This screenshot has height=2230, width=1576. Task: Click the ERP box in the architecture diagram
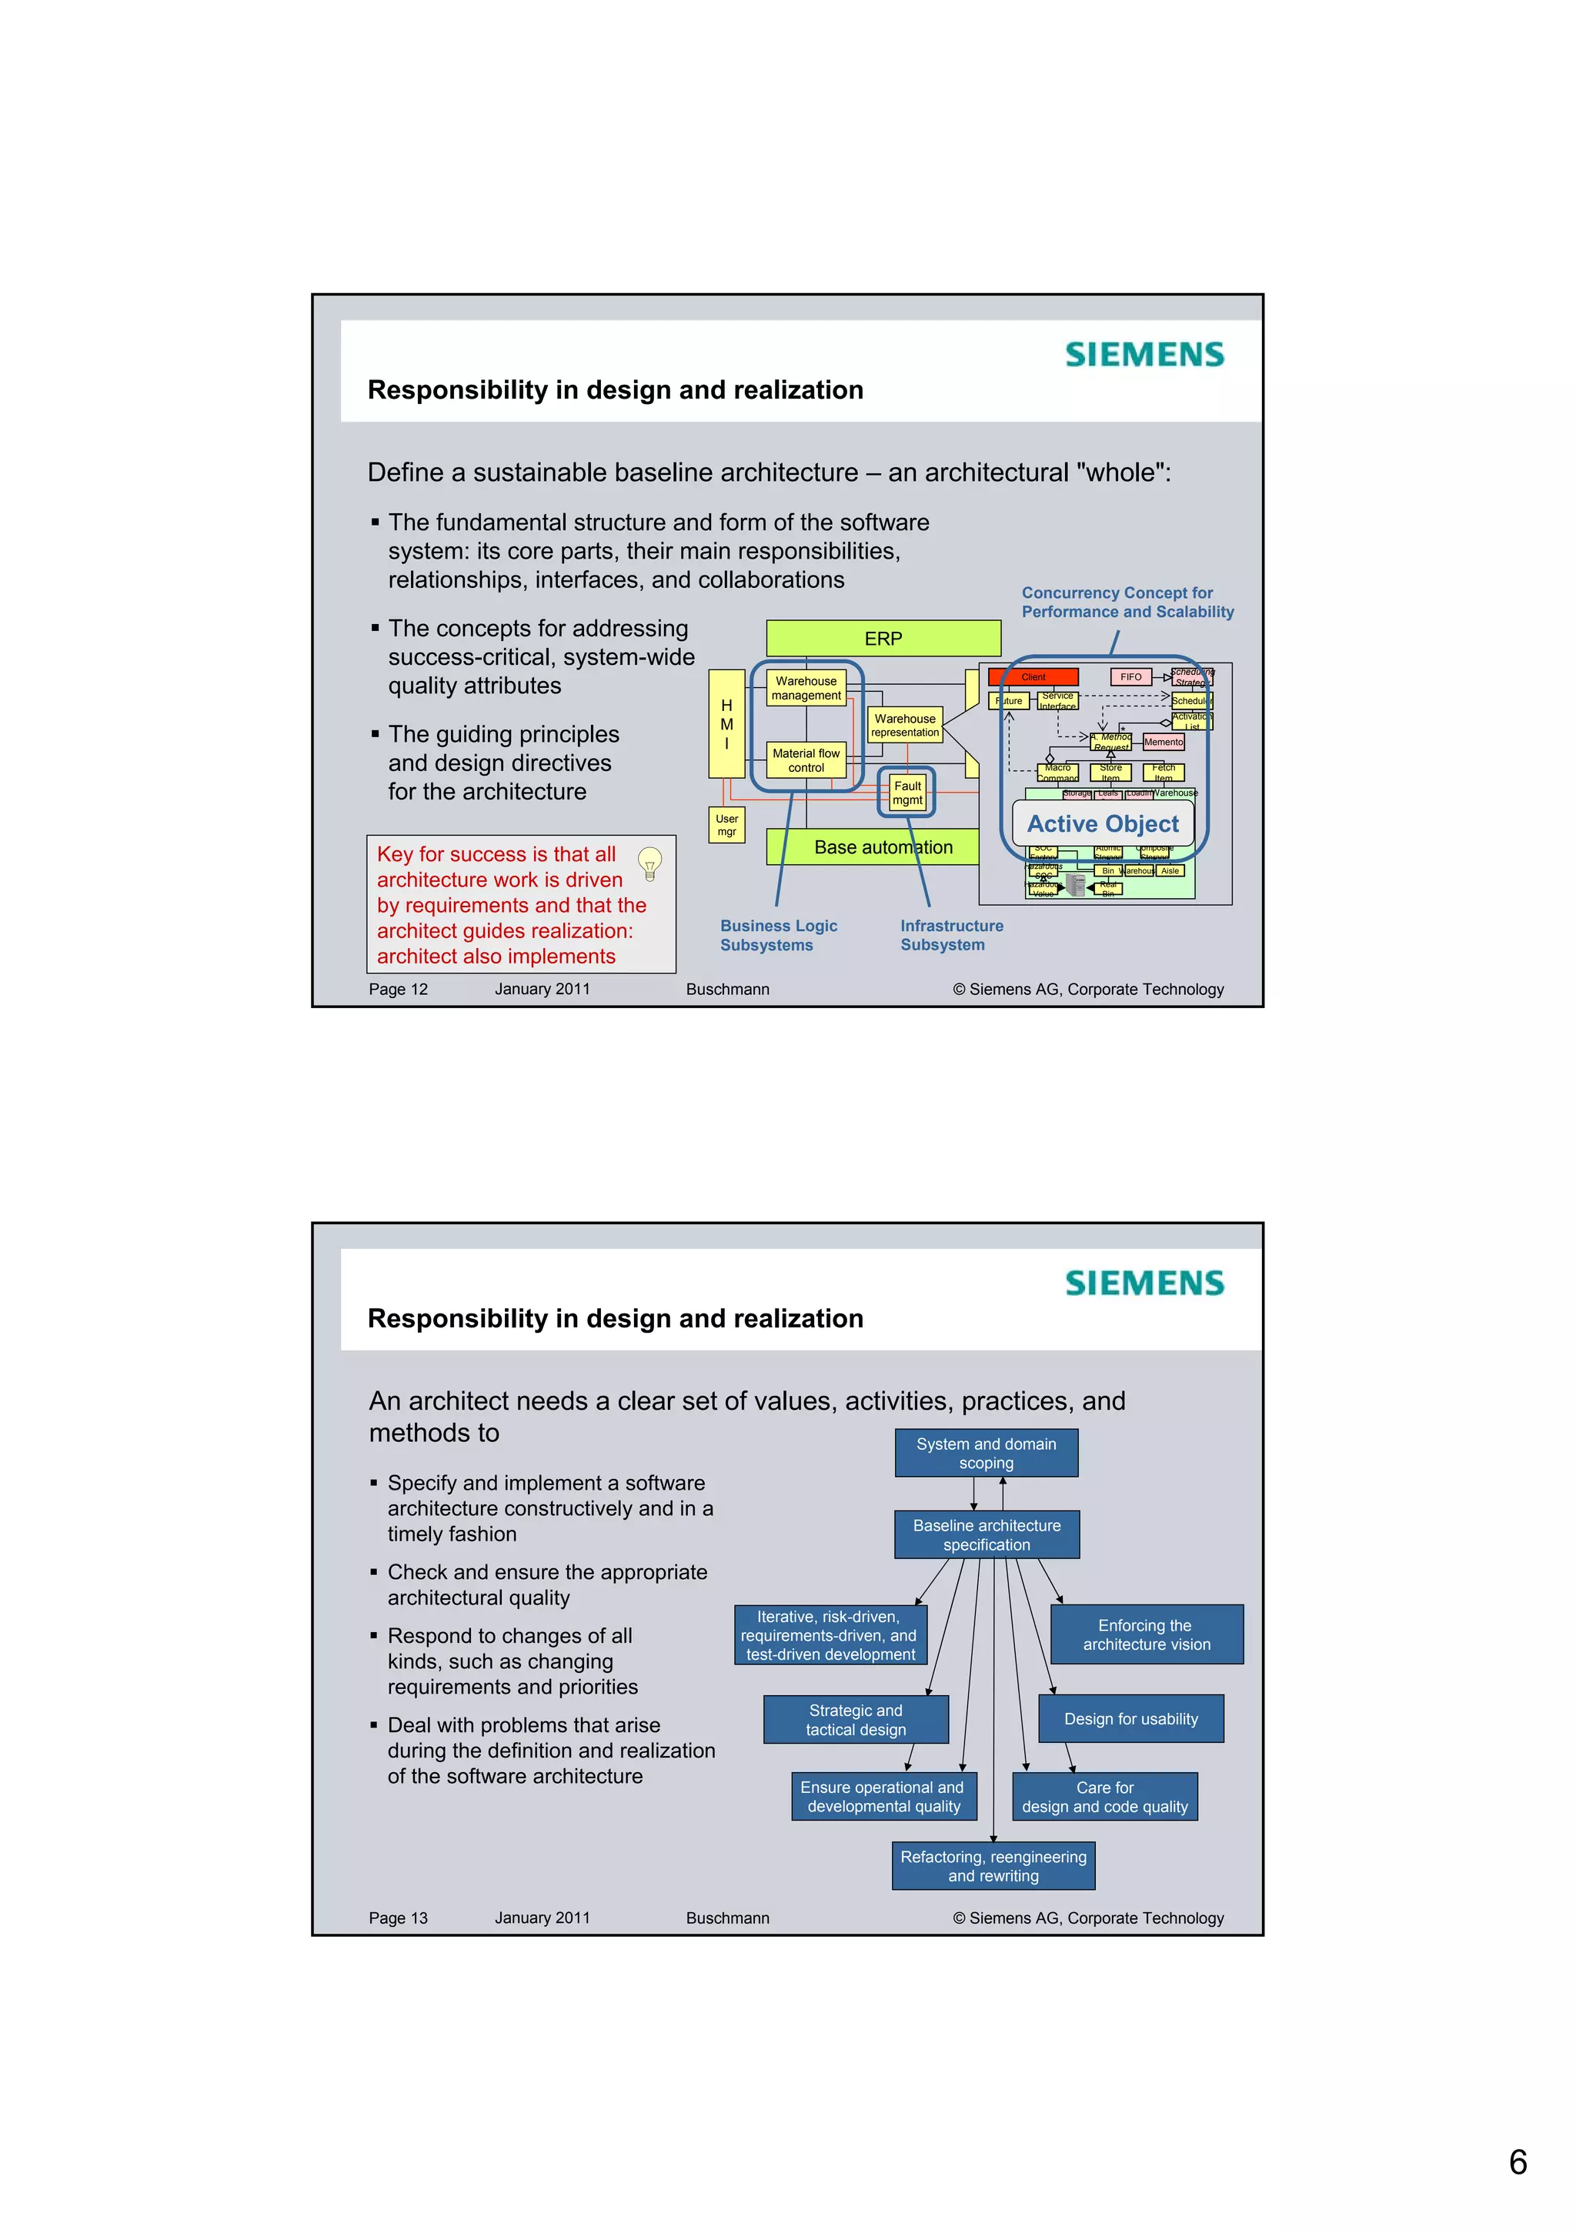(883, 638)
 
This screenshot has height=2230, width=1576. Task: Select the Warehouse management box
(806, 689)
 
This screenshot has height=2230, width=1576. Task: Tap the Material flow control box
(806, 759)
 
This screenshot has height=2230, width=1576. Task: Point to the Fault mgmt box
(907, 793)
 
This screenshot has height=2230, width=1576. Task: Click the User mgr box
(726, 825)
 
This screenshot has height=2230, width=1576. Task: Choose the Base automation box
(883, 847)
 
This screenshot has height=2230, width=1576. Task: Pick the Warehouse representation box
(905, 726)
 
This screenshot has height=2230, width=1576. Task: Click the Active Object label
(1102, 823)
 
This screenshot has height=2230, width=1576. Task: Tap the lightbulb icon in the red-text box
(649, 863)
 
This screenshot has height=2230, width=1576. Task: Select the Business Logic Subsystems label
(778, 935)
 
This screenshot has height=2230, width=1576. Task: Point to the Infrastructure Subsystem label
(950, 935)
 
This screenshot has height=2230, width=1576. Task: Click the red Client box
(1033, 677)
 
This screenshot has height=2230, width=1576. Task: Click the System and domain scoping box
(986, 1453)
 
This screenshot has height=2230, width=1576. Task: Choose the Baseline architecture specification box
(987, 1534)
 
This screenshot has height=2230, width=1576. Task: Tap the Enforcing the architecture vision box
(1147, 1634)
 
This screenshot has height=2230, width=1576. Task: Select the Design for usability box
(1130, 1719)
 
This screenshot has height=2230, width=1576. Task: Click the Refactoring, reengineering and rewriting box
(993, 1866)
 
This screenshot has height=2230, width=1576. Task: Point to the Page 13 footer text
(398, 1918)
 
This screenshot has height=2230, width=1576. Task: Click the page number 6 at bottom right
(1518, 2162)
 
